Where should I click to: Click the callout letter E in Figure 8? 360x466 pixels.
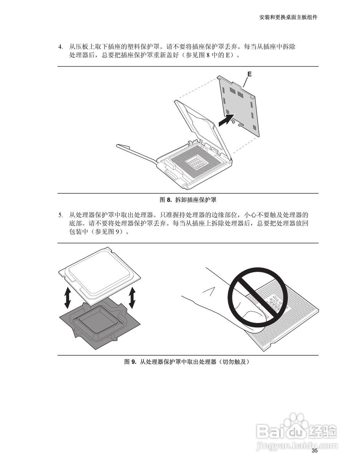pyautogui.click(x=249, y=74)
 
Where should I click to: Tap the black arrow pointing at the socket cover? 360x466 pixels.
pyautogui.click(x=225, y=120)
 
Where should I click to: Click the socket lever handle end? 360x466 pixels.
pyautogui.click(x=122, y=147)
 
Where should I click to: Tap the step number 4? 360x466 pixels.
pyautogui.click(x=61, y=47)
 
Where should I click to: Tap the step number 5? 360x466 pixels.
pyautogui.click(x=61, y=215)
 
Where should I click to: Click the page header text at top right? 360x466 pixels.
pyautogui.click(x=288, y=17)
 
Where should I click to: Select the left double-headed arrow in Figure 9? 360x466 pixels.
pyautogui.click(x=67, y=297)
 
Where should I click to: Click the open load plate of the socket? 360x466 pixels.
pyautogui.click(x=198, y=126)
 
